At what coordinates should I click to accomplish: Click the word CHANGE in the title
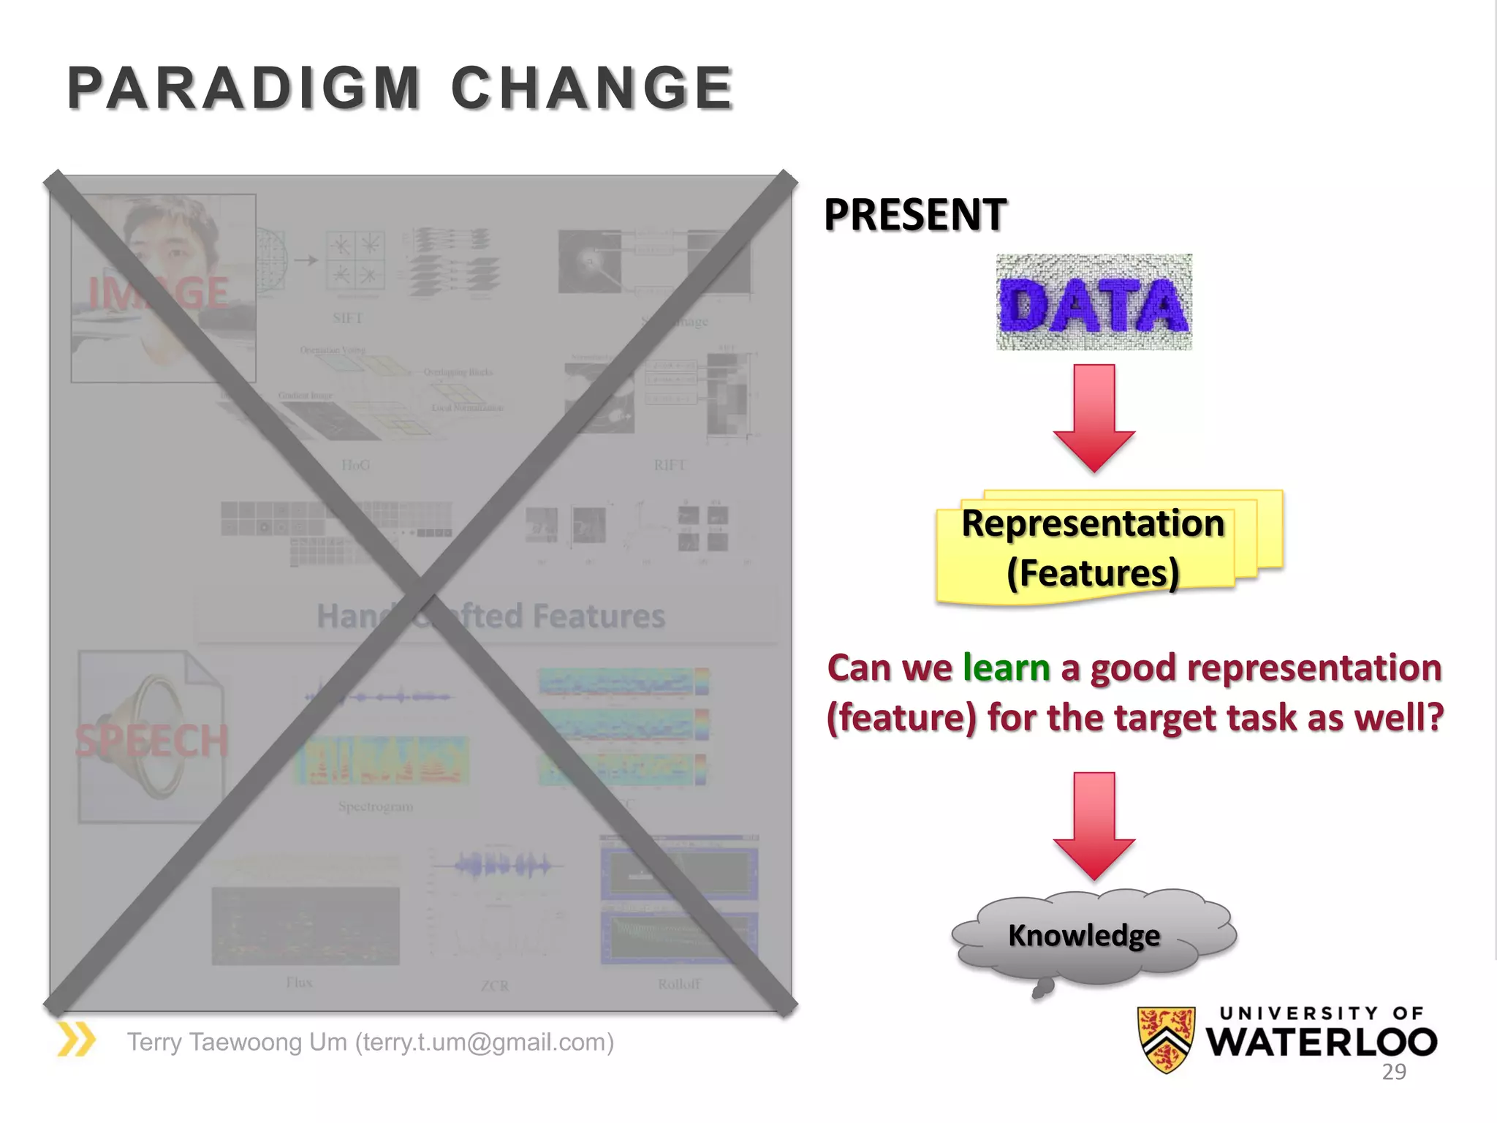pos(591,88)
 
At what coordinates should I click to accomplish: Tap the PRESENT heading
pos(915,215)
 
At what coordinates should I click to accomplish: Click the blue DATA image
pos(1094,303)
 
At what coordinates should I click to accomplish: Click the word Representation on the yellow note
pos(1093,523)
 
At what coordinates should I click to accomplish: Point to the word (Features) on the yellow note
pos(1093,572)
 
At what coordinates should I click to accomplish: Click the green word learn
pos(1007,668)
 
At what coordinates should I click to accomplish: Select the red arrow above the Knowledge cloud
pos(1094,826)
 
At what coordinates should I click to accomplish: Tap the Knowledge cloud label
pos(1084,936)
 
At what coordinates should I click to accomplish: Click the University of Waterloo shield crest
pos(1167,1039)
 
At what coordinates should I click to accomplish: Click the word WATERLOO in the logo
pos(1322,1042)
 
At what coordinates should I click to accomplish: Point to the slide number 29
pos(1394,1072)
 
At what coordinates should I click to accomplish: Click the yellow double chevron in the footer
pos(76,1040)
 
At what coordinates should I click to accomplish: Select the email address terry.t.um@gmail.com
pos(484,1042)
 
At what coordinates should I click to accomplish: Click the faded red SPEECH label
pos(151,741)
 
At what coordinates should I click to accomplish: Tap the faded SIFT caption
pos(347,318)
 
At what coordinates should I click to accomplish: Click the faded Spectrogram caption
pos(375,806)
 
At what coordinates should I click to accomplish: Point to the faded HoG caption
pos(355,465)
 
